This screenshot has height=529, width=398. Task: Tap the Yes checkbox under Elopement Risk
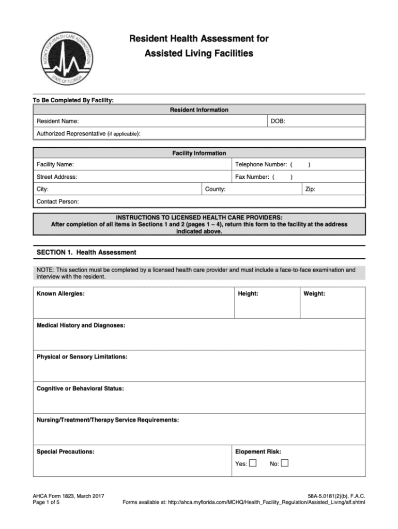(253, 463)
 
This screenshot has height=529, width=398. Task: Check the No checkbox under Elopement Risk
(285, 463)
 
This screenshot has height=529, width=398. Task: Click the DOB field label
(278, 121)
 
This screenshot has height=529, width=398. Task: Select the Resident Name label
(57, 121)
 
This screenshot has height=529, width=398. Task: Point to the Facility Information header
(199, 153)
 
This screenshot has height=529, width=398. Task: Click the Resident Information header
(199, 110)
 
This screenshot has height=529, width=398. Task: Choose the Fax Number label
(252, 177)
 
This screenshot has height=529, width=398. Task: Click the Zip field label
(310, 190)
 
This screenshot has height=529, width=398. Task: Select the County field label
(215, 190)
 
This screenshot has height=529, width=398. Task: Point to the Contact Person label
(57, 201)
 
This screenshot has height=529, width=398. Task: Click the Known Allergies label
(60, 294)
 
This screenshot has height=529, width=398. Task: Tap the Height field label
(248, 294)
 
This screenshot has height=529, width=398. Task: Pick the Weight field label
(314, 294)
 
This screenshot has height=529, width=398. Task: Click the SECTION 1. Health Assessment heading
(86, 253)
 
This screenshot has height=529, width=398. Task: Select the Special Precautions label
(65, 452)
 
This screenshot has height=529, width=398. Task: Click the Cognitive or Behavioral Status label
(80, 388)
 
